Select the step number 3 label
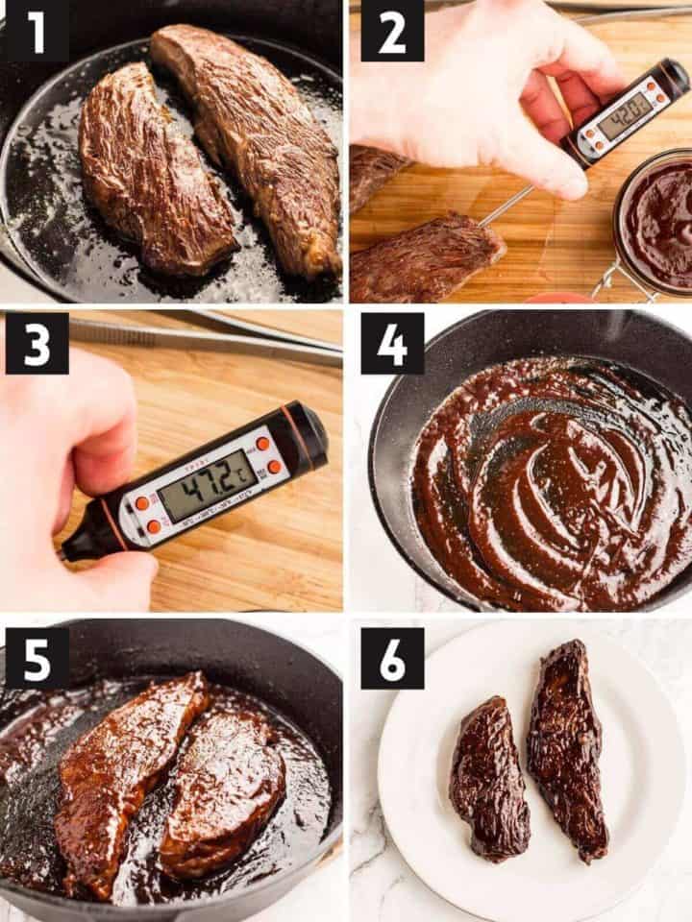click(37, 343)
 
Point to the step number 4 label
click(392, 343)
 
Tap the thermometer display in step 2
click(624, 114)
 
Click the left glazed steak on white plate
click(489, 778)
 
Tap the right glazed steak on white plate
click(567, 749)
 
